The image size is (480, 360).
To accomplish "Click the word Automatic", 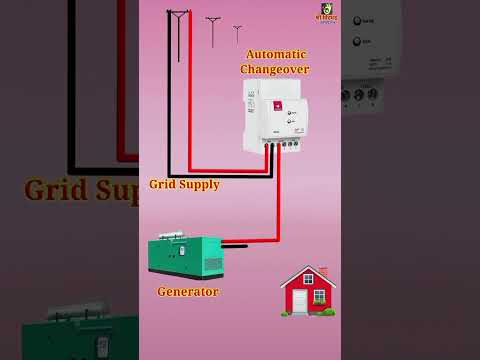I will tap(275, 54).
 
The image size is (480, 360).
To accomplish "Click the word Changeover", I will tap(274, 69).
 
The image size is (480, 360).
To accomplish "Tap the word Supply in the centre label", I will tap(200, 185).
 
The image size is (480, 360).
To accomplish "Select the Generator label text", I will tap(188, 291).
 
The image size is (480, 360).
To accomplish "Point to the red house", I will tap(308, 291).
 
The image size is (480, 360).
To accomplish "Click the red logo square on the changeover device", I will tap(278, 104).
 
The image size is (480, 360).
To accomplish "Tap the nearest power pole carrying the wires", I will tap(178, 30).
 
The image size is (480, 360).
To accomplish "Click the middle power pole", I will tap(213, 29).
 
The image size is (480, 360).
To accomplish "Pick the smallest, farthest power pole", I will tap(237, 33).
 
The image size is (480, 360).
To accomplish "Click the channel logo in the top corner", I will tap(327, 12).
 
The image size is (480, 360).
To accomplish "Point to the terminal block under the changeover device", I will tap(287, 145).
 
